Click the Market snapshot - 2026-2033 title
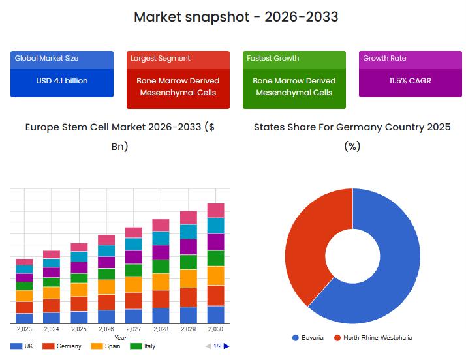[236, 17]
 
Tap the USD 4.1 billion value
[62, 81]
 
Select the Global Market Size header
[46, 59]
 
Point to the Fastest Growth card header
[273, 59]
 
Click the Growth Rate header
[384, 59]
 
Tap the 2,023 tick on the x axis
[24, 329]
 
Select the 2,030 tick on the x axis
[215, 329]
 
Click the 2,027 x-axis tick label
[133, 329]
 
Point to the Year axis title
[120, 338]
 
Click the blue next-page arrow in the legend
[226, 346]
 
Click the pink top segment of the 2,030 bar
[215, 210]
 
